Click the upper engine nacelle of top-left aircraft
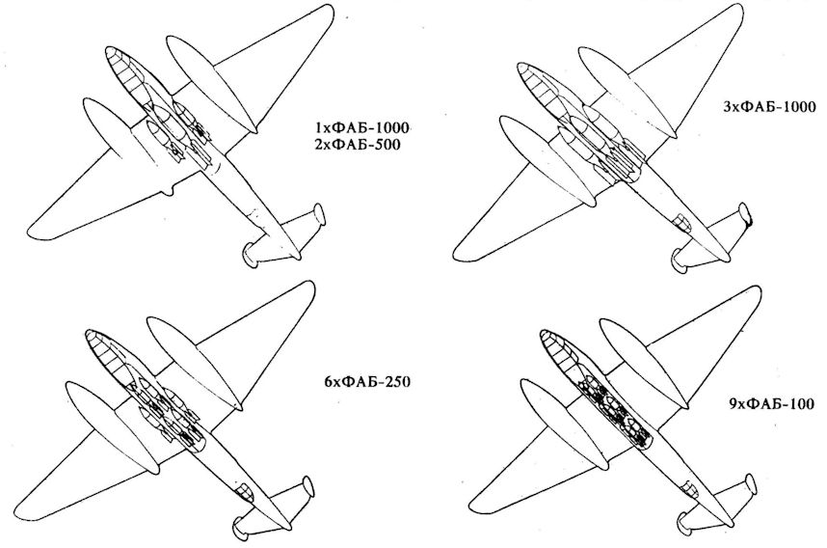tap(203, 73)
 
